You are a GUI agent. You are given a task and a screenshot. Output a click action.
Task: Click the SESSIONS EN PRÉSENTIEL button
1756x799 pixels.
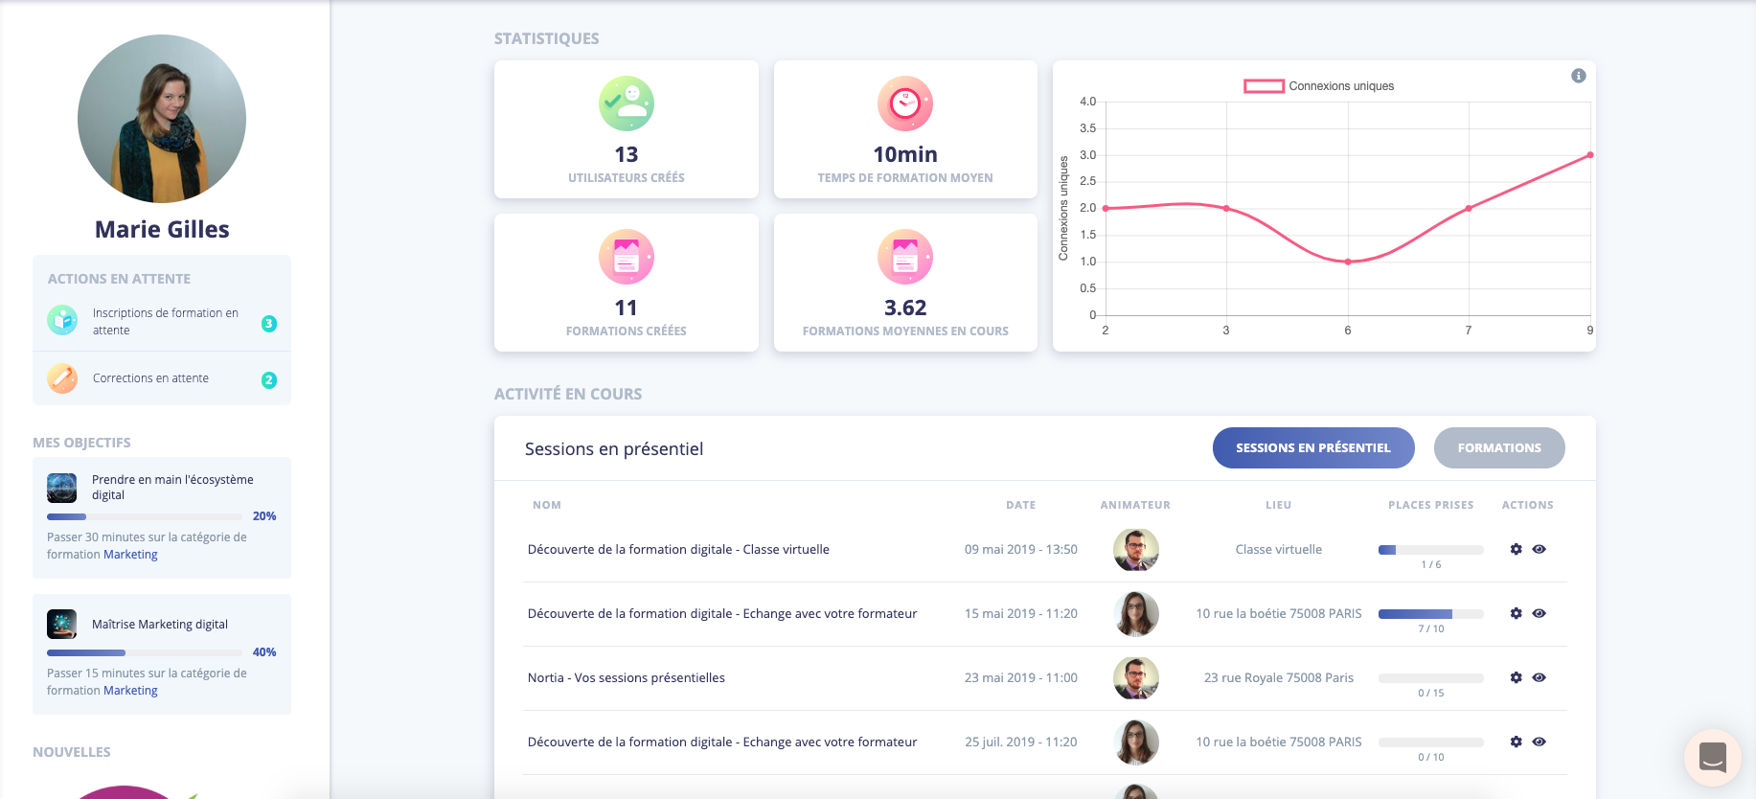click(x=1312, y=447)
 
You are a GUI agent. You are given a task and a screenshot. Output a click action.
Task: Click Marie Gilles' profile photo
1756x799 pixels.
click(x=162, y=119)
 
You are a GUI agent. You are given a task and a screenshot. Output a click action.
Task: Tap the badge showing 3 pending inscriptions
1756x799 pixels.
click(x=269, y=324)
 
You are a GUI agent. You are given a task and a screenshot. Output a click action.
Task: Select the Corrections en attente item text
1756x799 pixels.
click(x=150, y=378)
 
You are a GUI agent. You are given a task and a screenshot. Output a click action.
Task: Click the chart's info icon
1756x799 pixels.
click(x=1578, y=76)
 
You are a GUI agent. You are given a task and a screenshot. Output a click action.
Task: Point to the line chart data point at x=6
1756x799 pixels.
click(x=1347, y=262)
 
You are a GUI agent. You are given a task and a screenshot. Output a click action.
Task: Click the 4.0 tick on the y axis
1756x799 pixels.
click(x=1087, y=102)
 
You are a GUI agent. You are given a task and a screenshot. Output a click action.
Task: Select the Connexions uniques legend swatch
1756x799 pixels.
click(x=1264, y=86)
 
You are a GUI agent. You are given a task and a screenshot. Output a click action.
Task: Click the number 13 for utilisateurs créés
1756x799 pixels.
click(x=626, y=154)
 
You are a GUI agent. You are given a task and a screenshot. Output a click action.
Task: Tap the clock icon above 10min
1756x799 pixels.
click(x=904, y=103)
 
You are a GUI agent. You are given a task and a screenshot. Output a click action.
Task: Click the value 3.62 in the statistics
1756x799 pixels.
click(x=904, y=308)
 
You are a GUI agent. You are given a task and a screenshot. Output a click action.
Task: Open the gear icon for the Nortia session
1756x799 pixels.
click(x=1516, y=677)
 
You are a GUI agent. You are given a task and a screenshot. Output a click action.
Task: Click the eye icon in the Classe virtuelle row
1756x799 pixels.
click(x=1539, y=549)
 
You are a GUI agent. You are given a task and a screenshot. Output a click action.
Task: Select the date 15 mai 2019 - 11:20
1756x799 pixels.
click(x=1020, y=613)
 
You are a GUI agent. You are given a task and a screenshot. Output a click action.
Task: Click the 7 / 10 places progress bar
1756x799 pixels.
click(x=1430, y=614)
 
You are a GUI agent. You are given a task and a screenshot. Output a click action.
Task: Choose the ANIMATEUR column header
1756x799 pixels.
click(x=1134, y=505)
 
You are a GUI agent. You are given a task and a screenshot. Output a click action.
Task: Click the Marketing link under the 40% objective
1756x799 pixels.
click(x=130, y=691)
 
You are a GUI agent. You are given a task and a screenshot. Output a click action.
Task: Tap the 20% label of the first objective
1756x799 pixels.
click(x=264, y=516)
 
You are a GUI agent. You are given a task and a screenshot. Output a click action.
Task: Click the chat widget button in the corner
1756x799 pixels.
click(x=1712, y=757)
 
